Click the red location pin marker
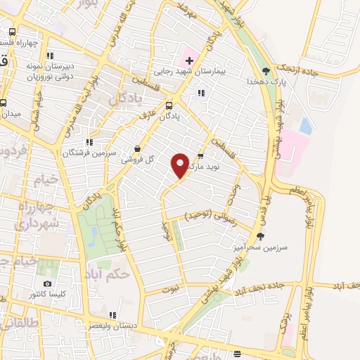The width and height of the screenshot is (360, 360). click(180, 166)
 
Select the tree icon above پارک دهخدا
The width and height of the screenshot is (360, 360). click(265, 71)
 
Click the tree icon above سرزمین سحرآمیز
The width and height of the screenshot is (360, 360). click(261, 236)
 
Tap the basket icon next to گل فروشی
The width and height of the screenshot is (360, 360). click(136, 148)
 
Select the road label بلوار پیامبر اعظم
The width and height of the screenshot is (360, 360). click(309, 211)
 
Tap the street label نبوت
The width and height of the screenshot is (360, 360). click(170, 288)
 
